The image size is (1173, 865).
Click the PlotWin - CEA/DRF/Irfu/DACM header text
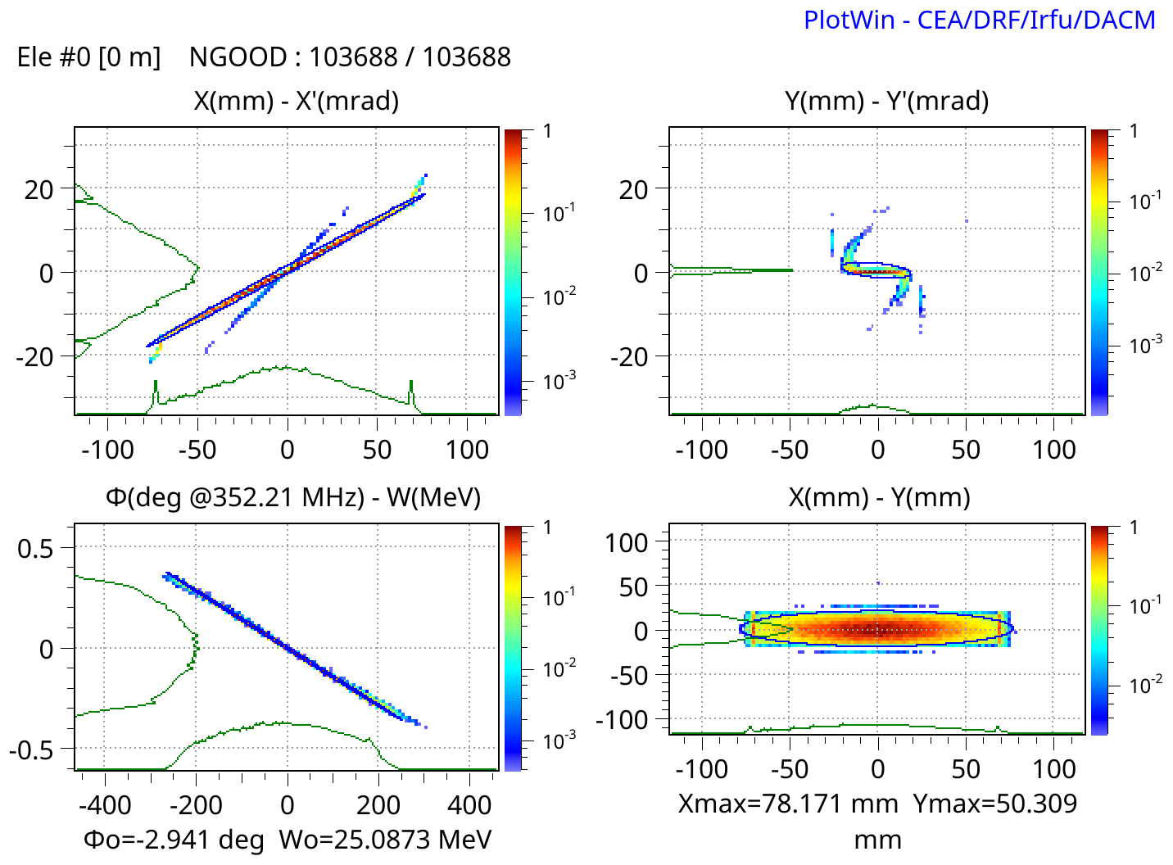[x=979, y=20]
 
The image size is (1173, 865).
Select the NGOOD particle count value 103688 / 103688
[x=410, y=57]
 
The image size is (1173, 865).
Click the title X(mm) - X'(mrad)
[x=296, y=101]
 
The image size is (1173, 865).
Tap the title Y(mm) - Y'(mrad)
[x=886, y=101]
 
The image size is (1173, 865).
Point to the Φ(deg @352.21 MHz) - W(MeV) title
[x=292, y=497]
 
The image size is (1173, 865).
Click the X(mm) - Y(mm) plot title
[x=879, y=497]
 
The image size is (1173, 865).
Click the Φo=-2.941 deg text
[x=174, y=839]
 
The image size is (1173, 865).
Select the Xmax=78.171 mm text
[x=788, y=804]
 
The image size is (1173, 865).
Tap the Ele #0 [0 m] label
[x=88, y=57]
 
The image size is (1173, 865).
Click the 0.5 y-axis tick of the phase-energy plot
[x=35, y=547]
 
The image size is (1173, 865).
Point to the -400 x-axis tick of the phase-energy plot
[x=105, y=804]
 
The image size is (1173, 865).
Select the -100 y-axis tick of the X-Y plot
[x=622, y=719]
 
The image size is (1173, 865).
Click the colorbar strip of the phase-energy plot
[x=513, y=647]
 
